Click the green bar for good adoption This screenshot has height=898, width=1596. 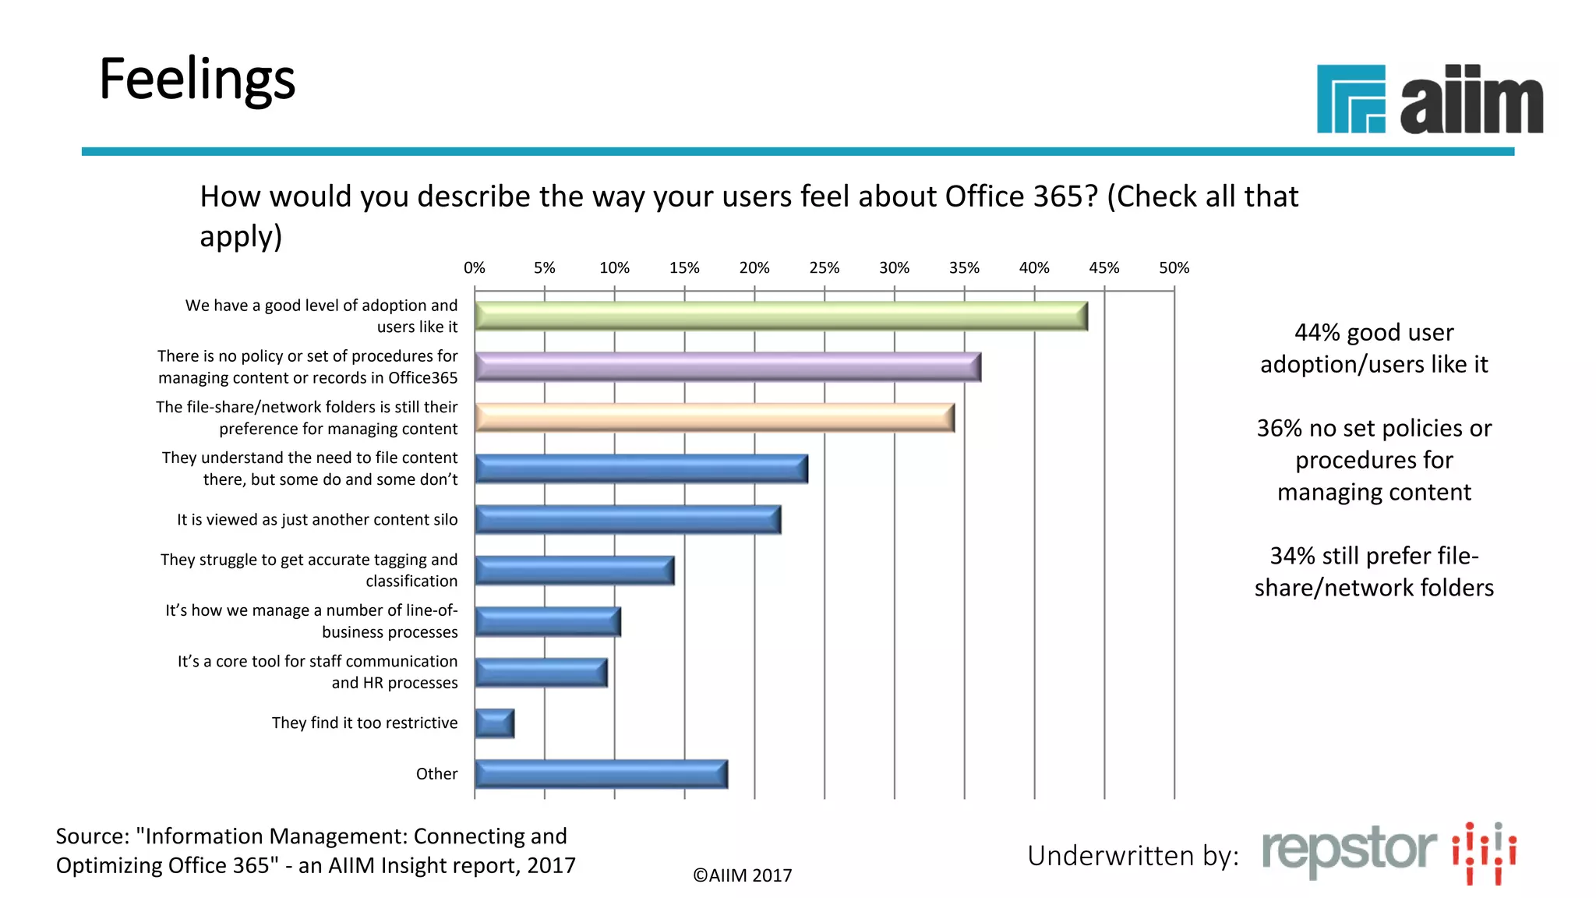pos(781,316)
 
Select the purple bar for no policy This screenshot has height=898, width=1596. pos(727,367)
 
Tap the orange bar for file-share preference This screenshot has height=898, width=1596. pos(714,418)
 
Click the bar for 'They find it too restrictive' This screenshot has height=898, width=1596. pos(494,723)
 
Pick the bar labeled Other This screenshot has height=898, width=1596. pos(601,774)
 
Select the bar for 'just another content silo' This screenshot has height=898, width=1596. pos(627,520)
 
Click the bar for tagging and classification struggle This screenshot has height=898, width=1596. pos(574,571)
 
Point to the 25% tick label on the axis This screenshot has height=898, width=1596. pos(824,268)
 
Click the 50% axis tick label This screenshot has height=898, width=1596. pos(1174,268)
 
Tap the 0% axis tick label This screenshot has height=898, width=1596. pos(474,268)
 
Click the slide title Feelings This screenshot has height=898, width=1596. pos(197,80)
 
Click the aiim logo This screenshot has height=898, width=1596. pos(1429,99)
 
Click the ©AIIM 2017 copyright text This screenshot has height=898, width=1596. pos(742,875)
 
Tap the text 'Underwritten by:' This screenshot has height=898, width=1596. pos(1132,856)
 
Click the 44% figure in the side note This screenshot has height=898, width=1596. pos(1316,333)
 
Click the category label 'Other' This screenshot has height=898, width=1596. pos(436,774)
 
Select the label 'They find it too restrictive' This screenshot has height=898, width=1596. pos(365,723)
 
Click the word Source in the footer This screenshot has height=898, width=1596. pos(92,836)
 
